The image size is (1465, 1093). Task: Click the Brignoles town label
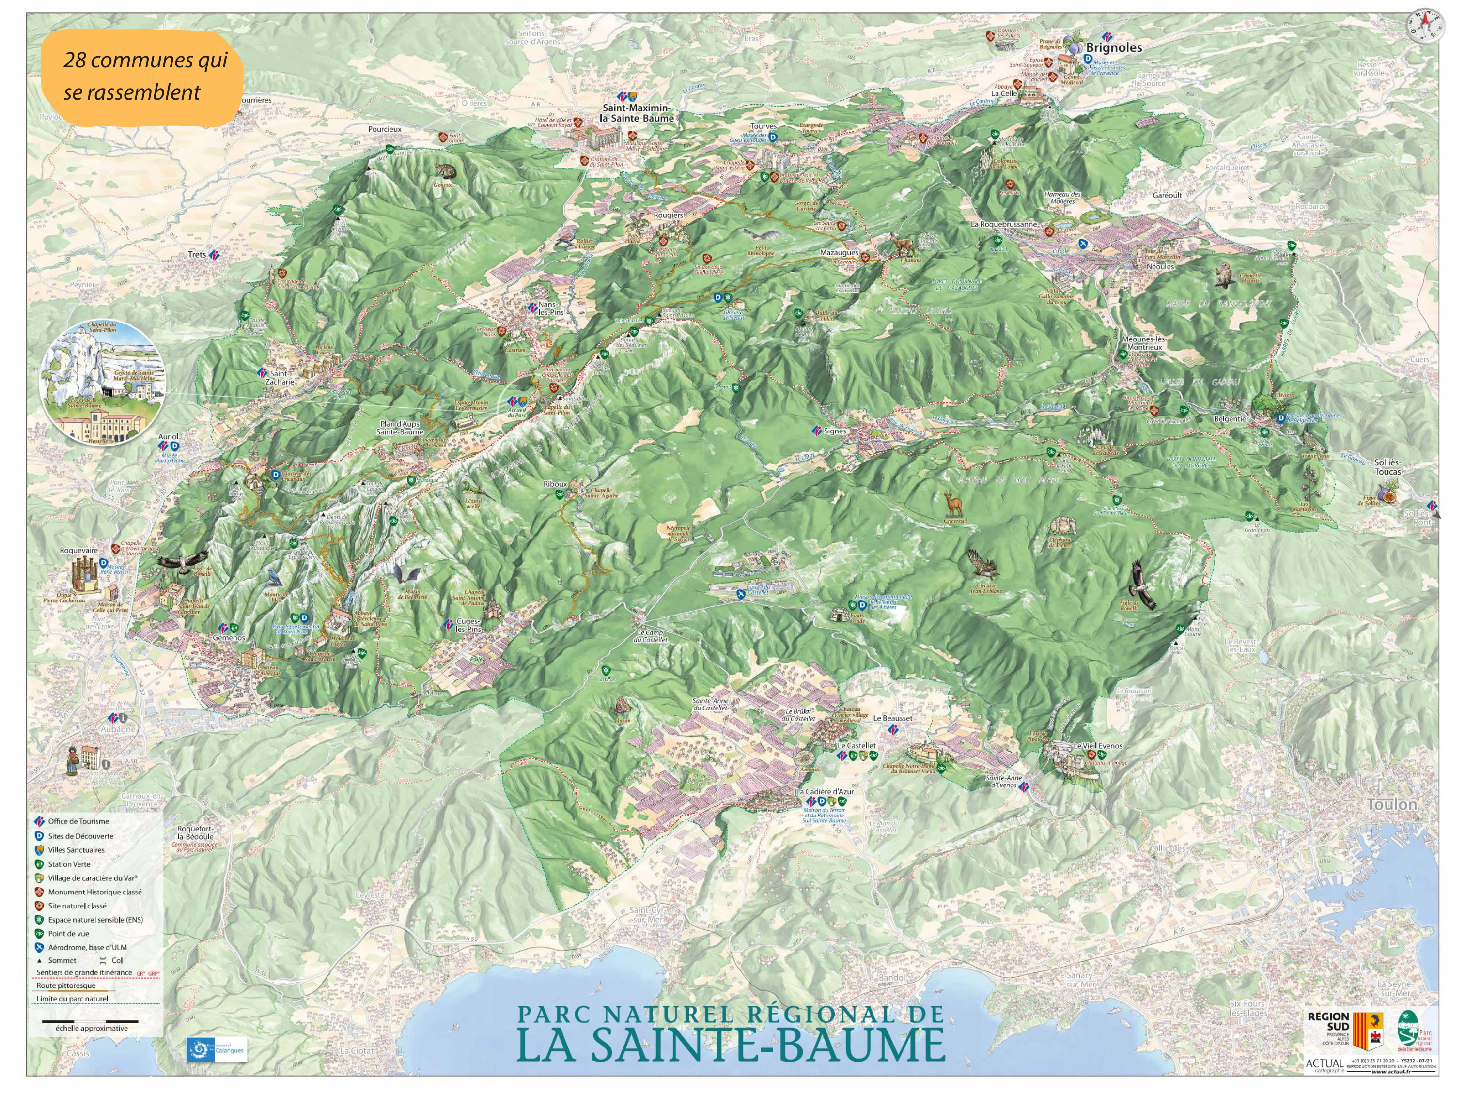click(x=1114, y=47)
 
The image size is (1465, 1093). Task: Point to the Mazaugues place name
click(x=839, y=253)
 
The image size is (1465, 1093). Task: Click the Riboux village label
click(x=555, y=484)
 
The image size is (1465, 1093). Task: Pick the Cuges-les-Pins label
click(x=468, y=626)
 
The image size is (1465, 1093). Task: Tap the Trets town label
click(x=197, y=255)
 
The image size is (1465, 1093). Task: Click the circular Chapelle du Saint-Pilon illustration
click(x=103, y=383)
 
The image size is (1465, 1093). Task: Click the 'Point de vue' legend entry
click(x=68, y=934)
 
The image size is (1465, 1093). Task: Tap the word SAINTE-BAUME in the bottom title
click(x=730, y=1045)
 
